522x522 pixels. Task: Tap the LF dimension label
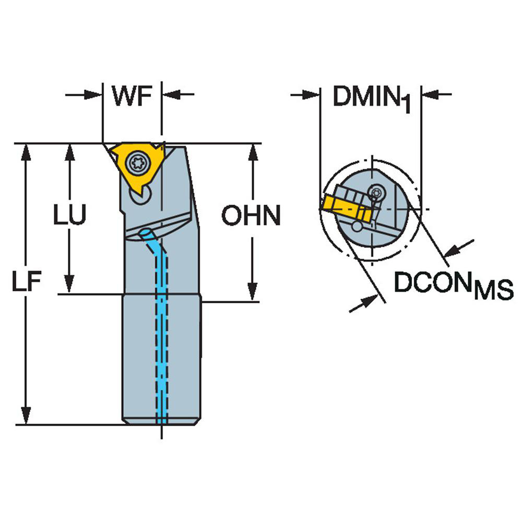tap(26, 282)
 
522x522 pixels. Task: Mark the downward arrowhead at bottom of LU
tap(68, 285)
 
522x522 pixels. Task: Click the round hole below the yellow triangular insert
tap(142, 197)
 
